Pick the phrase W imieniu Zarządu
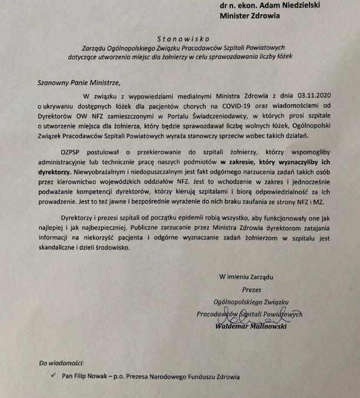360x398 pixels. (x=247, y=276)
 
